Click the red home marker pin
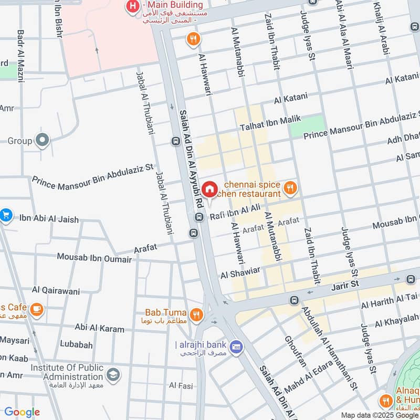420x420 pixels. click(209, 190)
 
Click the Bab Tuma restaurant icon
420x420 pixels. click(196, 314)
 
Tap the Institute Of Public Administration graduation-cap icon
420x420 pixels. click(112, 375)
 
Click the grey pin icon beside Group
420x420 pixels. click(42, 141)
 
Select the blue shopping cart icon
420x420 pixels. click(6, 215)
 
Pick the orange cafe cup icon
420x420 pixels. click(36, 309)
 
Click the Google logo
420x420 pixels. click(22, 412)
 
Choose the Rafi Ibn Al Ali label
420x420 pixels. click(235, 212)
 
